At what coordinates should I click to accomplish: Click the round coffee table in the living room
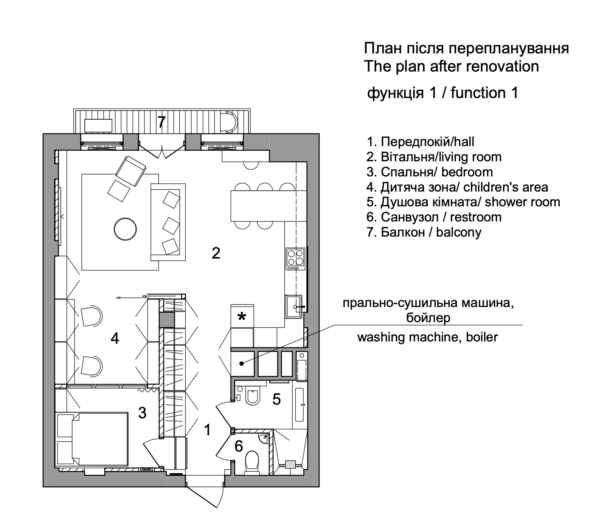125,229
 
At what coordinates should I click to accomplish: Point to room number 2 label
216,253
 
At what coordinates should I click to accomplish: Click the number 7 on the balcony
161,122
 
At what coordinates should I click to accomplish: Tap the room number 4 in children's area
115,338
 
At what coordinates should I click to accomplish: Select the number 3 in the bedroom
142,413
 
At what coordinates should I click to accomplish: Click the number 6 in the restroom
238,446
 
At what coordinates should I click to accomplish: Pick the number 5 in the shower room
276,399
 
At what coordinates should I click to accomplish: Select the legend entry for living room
434,157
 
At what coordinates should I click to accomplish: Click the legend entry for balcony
424,232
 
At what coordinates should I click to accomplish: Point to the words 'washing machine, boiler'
427,337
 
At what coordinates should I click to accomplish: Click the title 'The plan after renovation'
451,66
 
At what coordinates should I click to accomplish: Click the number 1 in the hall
207,430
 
